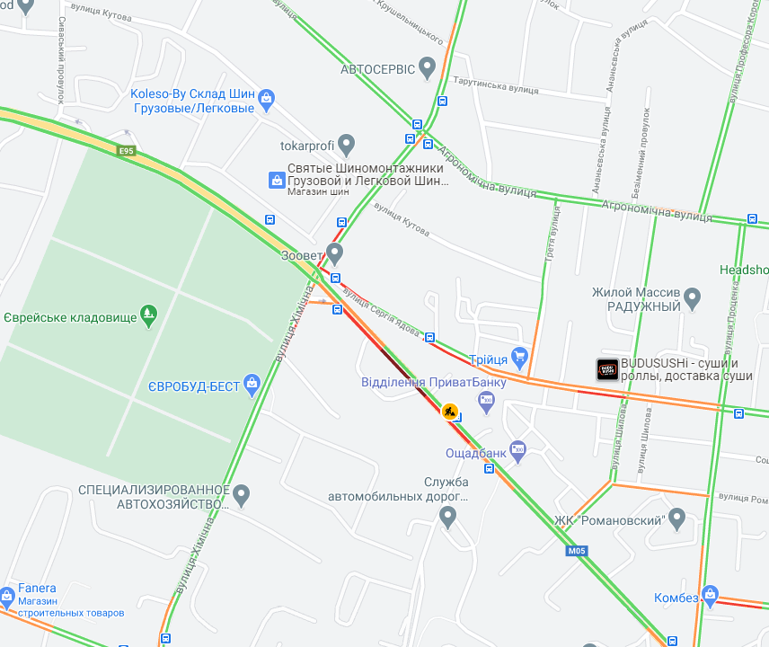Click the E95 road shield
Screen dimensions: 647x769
pyautogui.click(x=126, y=151)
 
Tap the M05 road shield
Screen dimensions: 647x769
pyautogui.click(x=576, y=551)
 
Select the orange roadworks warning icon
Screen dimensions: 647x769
pyautogui.click(x=449, y=412)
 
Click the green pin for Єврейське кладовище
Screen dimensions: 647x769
pyautogui.click(x=149, y=315)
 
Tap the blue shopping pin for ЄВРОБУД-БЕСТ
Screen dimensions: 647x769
pyautogui.click(x=252, y=386)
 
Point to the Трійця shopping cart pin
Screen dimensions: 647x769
pyautogui.click(x=518, y=358)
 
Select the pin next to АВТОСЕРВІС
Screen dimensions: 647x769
pyautogui.click(x=428, y=66)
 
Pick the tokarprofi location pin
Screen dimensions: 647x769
pyautogui.click(x=347, y=144)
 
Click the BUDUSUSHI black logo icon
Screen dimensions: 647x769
pyautogui.click(x=607, y=369)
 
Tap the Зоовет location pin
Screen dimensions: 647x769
pyautogui.click(x=335, y=253)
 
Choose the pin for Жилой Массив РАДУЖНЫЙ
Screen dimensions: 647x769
pyautogui.click(x=692, y=297)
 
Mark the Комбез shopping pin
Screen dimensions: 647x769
pyautogui.click(x=711, y=595)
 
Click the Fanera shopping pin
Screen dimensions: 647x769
pyautogui.click(x=7, y=596)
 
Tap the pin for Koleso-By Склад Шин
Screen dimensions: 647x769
pyautogui.click(x=266, y=99)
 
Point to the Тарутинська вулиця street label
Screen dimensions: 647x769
pyautogui.click(x=497, y=88)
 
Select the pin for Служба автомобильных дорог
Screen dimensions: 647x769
pyautogui.click(x=447, y=516)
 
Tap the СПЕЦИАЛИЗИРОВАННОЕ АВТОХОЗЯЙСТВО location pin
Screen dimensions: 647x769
pyautogui.click(x=242, y=494)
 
